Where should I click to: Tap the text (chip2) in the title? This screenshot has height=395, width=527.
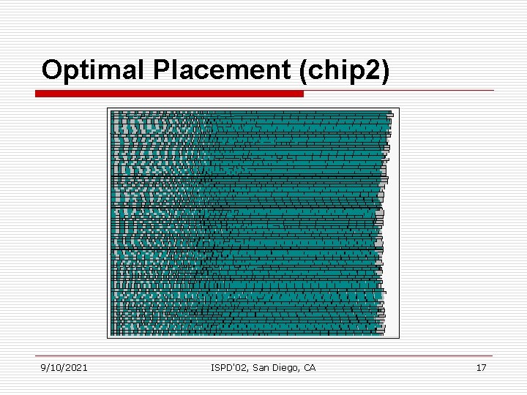(345, 70)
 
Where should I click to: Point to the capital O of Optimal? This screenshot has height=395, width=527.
(51, 70)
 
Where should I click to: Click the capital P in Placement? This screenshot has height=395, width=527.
(160, 70)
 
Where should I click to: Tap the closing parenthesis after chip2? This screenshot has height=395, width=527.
(386, 71)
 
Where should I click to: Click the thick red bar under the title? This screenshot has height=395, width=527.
(169, 94)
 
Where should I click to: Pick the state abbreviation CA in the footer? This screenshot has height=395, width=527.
(309, 367)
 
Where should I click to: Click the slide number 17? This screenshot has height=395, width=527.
(481, 367)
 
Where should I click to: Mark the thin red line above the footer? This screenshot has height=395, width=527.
(263, 358)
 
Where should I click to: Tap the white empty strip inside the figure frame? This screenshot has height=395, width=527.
(392, 256)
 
